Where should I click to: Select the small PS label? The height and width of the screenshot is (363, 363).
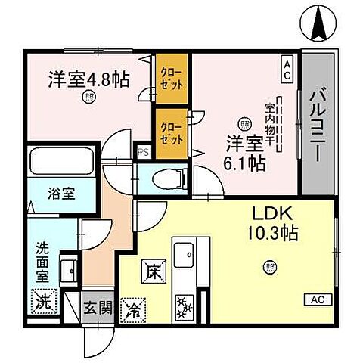point(141,152)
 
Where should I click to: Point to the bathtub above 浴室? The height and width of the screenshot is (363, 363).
point(61,163)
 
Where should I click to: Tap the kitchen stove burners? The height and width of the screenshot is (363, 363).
point(184,306)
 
